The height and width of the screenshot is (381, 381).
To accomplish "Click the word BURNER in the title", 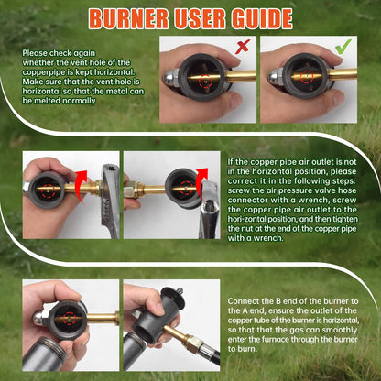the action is point(129,19).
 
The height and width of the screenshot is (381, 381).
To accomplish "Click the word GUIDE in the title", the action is point(262,19).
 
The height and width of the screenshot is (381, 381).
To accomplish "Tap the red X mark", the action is point(243,46).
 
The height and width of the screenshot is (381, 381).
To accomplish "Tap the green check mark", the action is point(343,47).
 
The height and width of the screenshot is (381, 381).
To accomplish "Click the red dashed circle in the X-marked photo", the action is point(205,82).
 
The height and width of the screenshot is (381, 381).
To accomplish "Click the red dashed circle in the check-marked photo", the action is point(306,76).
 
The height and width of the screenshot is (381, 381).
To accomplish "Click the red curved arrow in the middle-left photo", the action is point(82,186).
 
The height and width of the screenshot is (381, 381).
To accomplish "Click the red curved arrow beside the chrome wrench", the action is point(201,182).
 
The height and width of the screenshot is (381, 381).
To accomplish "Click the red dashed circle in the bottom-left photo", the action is point(70,319).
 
